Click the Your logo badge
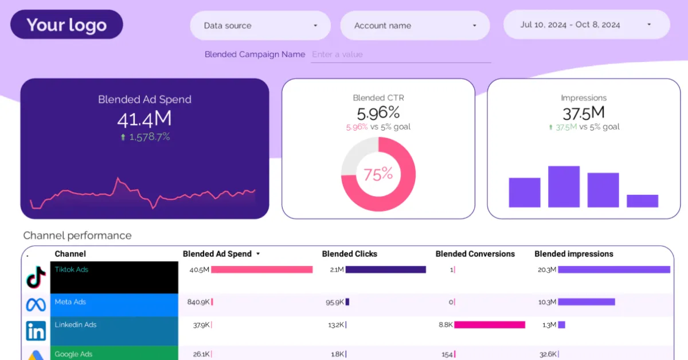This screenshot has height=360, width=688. [67, 25]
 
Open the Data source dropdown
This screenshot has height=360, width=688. [260, 26]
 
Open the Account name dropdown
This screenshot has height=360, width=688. [415, 26]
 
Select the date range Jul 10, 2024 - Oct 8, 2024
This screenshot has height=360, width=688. [586, 25]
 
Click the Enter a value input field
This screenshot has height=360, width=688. [400, 54]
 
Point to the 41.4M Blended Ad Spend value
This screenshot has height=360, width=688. [144, 119]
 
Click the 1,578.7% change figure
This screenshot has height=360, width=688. [148, 137]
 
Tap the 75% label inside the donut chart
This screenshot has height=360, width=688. [378, 174]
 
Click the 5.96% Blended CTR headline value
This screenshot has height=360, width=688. [378, 113]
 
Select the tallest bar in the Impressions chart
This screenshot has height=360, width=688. [564, 187]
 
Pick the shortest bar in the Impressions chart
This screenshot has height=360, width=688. [642, 201]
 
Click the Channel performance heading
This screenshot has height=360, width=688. [77, 236]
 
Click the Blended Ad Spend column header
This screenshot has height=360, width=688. [217, 254]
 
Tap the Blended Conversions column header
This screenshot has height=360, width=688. [475, 254]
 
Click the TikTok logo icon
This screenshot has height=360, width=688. [36, 277]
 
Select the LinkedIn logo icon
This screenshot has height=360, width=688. [36, 331]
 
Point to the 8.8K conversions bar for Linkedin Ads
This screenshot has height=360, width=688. [490, 325]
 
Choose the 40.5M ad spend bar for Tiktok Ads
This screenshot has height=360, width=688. [262, 269]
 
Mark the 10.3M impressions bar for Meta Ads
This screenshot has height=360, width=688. [586, 302]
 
